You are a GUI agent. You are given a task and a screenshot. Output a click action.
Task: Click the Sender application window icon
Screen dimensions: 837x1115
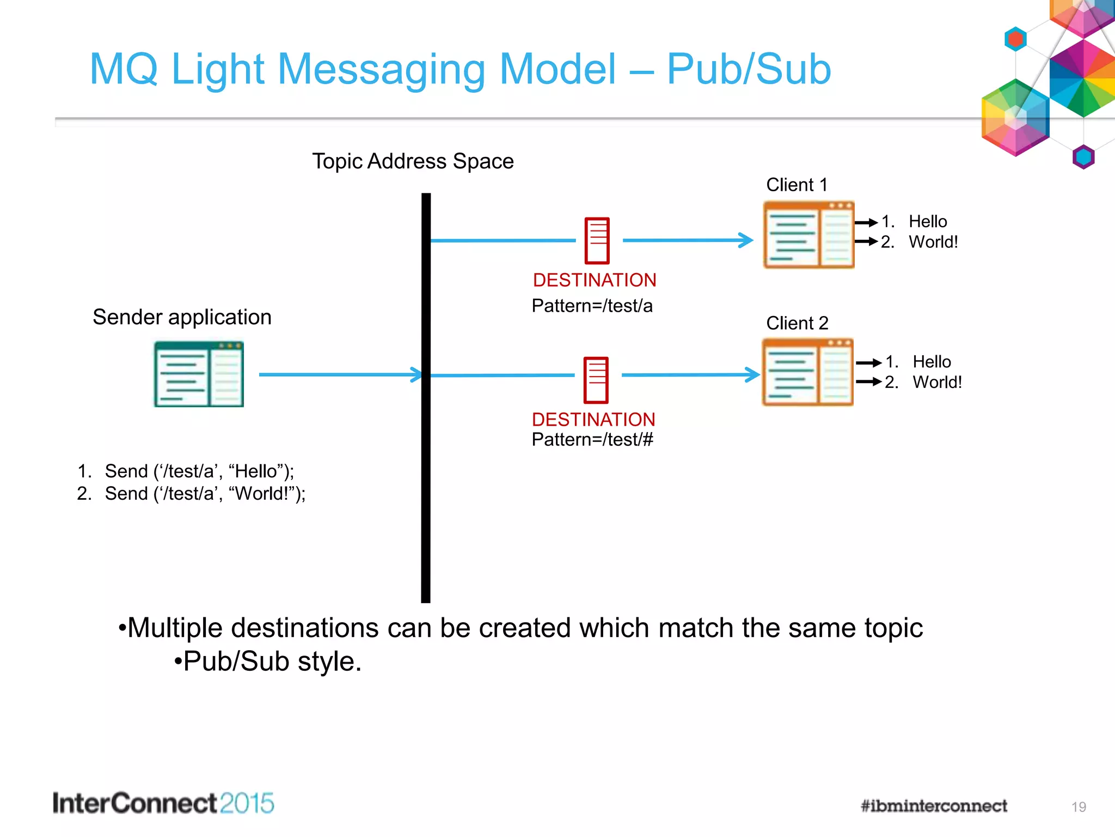click(x=199, y=374)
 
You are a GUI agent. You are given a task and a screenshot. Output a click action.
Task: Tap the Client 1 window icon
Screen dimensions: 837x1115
click(x=808, y=235)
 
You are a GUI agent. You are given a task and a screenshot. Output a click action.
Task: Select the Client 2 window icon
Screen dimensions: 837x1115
click(x=807, y=372)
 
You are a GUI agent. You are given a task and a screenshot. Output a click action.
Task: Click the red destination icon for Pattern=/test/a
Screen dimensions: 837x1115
click(x=597, y=240)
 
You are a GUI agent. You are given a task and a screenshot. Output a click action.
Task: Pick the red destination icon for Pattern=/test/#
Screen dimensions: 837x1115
click(x=596, y=380)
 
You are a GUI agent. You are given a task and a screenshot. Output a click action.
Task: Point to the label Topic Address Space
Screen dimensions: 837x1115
click(x=413, y=161)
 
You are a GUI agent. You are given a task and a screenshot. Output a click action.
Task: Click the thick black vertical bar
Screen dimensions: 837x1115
click(x=426, y=490)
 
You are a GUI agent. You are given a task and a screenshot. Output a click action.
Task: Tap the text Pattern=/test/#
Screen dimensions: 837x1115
click(x=592, y=440)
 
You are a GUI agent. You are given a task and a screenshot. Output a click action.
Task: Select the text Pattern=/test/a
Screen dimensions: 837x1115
click(x=592, y=306)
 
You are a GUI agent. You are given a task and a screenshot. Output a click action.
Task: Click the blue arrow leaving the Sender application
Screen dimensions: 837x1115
click(x=338, y=375)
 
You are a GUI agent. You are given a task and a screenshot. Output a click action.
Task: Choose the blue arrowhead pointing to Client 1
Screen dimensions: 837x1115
click(x=746, y=240)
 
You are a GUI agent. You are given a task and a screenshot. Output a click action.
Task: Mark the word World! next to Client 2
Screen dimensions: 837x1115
click(x=937, y=382)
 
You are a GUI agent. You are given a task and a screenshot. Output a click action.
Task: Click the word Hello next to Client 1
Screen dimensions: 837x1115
click(x=928, y=222)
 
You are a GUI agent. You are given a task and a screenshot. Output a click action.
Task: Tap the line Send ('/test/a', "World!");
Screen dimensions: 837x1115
click(x=205, y=494)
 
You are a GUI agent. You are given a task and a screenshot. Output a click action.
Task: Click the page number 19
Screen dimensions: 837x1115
click(x=1079, y=807)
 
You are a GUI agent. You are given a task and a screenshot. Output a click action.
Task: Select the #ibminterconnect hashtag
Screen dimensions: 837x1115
click(x=934, y=806)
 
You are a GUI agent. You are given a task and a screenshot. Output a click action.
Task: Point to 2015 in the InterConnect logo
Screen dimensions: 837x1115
click(x=247, y=804)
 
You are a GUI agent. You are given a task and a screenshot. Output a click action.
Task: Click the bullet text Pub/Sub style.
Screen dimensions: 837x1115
click(x=272, y=662)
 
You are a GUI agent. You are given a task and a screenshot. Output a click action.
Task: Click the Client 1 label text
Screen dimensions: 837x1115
click(x=797, y=185)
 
